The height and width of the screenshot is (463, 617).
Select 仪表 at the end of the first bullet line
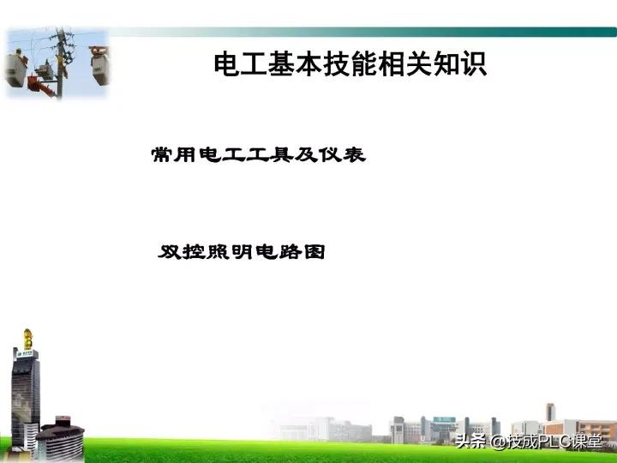[x=346, y=155]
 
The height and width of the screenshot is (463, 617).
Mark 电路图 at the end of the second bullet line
[x=292, y=253]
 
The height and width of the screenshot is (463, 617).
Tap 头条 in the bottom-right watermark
[x=470, y=442]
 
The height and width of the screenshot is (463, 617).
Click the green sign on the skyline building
[x=445, y=419]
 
